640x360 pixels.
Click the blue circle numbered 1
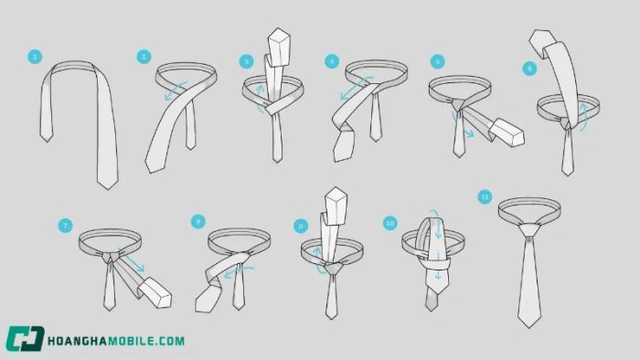[x=35, y=57]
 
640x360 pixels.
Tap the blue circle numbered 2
[x=144, y=57]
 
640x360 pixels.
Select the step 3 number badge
[x=246, y=62]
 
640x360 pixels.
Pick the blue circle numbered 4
[x=332, y=61]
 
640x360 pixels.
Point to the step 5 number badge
[x=438, y=61]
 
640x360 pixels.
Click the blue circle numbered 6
[x=529, y=69]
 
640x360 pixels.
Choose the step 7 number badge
[x=65, y=226]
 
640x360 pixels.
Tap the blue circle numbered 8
[x=198, y=222]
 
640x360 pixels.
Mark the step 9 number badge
[x=301, y=226]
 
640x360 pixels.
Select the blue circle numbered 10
[x=390, y=223]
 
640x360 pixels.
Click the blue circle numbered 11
[x=485, y=197]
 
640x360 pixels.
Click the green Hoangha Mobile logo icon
[x=25, y=338]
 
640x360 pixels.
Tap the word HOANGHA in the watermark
[x=74, y=341]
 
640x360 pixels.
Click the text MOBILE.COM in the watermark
[x=143, y=341]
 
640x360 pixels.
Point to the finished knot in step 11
[x=529, y=232]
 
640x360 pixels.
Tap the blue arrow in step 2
[x=176, y=90]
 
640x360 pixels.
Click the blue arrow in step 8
[x=240, y=272]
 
